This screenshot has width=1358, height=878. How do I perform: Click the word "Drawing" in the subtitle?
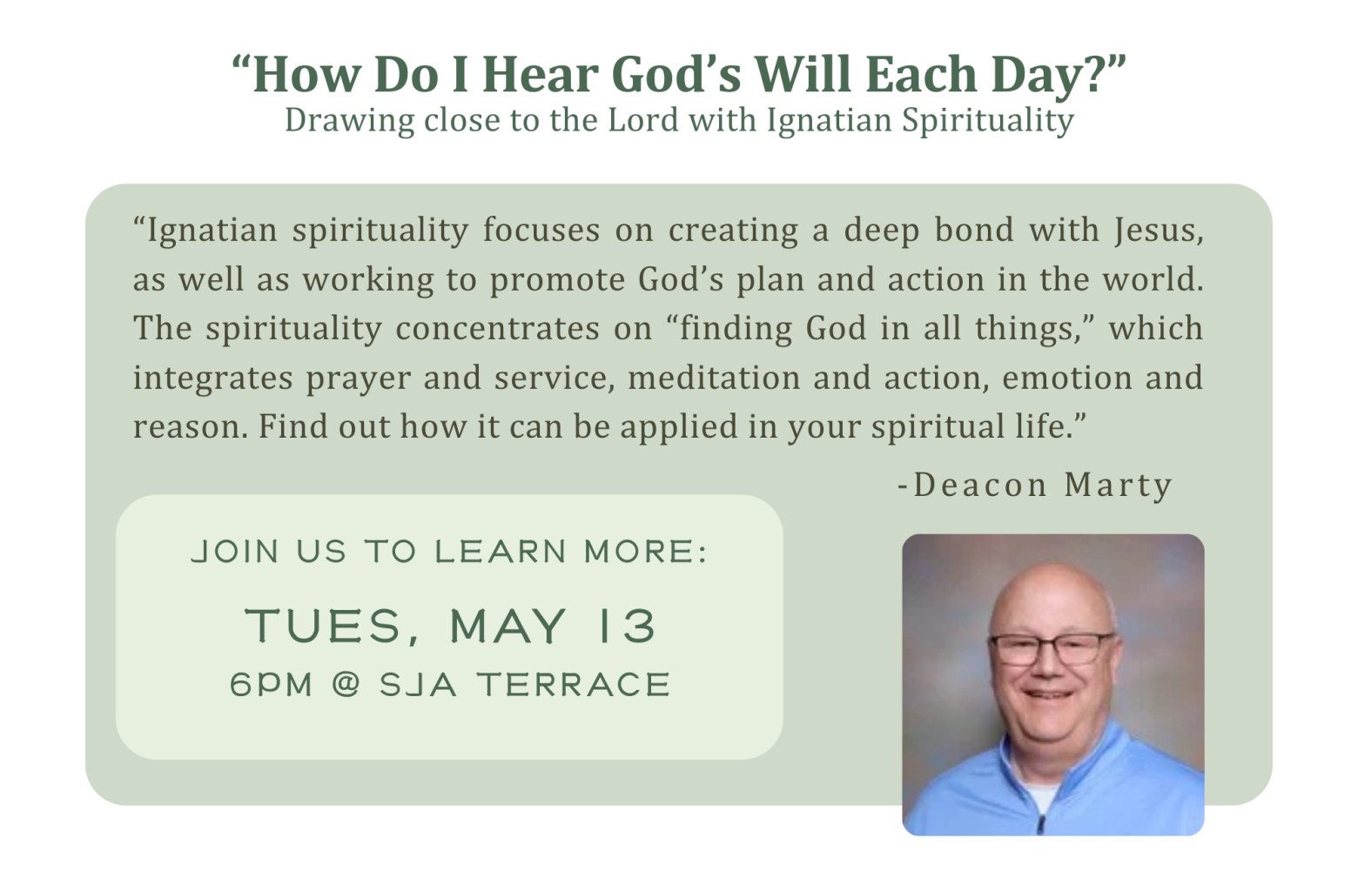pos(349,121)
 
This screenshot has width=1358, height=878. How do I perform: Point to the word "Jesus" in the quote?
pos(1160,231)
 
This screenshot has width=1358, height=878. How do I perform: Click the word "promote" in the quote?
pos(557,280)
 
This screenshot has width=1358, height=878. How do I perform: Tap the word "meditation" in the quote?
pos(714,378)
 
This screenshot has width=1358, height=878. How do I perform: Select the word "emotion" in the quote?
pos(1066,378)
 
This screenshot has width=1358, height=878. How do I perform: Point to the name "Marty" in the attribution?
pos(1118,486)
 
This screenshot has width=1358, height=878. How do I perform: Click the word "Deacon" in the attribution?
pos(979,486)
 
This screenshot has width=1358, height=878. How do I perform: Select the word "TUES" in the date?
pos(325,626)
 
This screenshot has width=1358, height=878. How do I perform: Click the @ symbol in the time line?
pos(346,685)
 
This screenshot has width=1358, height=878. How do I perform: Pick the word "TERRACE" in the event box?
pos(573,685)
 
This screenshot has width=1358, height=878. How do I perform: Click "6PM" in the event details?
pos(271,685)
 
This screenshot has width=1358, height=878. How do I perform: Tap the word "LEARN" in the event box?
pos(501,552)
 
